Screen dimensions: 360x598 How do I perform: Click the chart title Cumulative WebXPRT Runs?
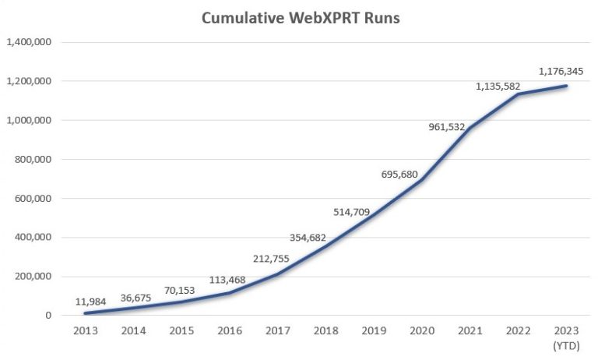pos(300,18)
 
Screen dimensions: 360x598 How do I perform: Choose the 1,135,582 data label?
pos(498,86)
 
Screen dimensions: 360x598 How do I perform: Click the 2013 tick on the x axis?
pos(86,332)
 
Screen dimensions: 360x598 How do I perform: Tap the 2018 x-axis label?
pos(325,332)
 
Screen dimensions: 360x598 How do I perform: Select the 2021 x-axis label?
pos(469,332)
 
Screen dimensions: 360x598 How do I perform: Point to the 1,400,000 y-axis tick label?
pos(29,42)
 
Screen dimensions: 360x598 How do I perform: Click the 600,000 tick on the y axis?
pos(33,199)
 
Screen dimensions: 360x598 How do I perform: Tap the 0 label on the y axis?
pos(48,316)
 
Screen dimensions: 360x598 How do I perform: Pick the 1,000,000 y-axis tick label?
pos(29,120)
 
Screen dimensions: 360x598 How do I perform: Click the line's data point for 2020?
pos(421,180)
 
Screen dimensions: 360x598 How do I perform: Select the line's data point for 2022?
pos(517,94)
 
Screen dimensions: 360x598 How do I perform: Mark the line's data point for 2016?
pos(230,293)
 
